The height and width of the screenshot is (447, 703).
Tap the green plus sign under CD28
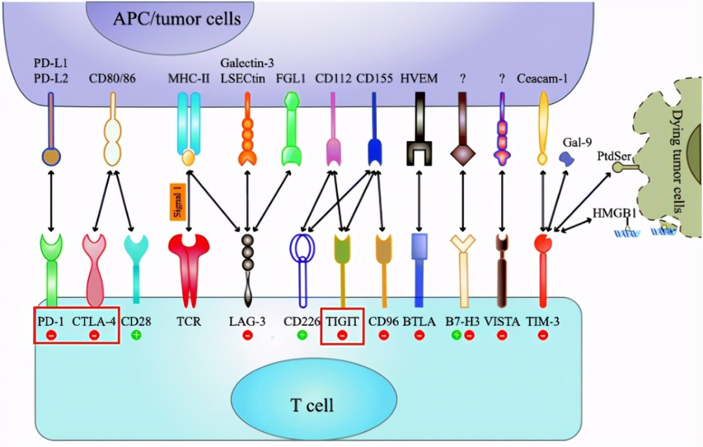point(136,334)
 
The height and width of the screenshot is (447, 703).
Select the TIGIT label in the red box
point(342,320)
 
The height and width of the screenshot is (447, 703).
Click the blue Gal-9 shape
point(567,158)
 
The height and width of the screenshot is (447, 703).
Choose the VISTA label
point(502,320)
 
